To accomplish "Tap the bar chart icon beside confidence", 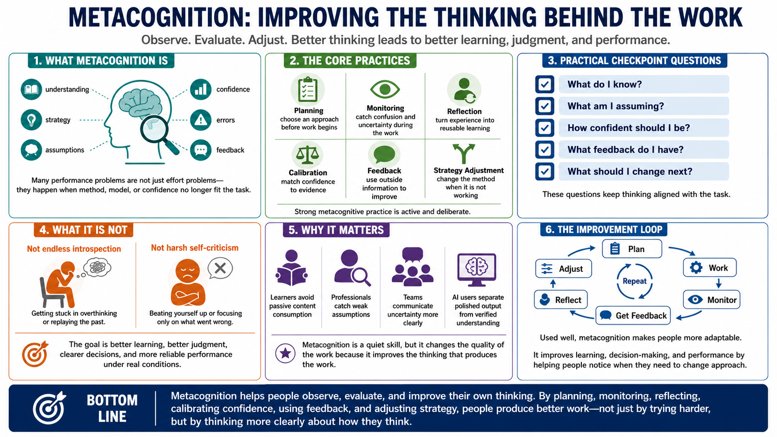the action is [200, 89].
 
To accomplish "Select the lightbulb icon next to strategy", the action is [31, 119].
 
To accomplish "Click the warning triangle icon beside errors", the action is [200, 120].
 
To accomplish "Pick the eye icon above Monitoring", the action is [385, 90].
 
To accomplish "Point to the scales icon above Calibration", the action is [307, 155].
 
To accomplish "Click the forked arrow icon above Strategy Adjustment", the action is [464, 153].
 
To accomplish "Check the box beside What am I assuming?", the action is [544, 106].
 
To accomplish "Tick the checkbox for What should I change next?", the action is [544, 171].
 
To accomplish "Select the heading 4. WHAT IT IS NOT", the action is [83, 230].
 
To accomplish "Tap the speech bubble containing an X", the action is [220, 268].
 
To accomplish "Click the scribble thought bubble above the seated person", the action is [97, 267].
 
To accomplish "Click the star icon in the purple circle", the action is [285, 353].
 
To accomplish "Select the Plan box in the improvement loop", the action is [632, 249].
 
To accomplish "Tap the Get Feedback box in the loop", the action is [632, 315].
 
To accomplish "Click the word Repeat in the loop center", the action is [634, 281].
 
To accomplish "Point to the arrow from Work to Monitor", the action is [718, 283].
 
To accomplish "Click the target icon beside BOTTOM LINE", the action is [49, 408].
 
